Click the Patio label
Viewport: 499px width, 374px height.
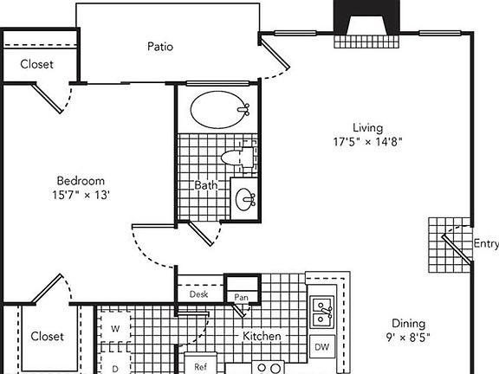pyautogui.click(x=160, y=46)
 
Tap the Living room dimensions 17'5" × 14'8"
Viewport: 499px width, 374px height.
pyautogui.click(x=367, y=141)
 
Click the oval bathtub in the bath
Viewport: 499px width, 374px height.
pyautogui.click(x=217, y=110)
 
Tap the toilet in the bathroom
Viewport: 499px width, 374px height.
pyautogui.click(x=235, y=157)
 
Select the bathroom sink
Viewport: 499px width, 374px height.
pyautogui.click(x=245, y=199)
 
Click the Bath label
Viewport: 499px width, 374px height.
pyautogui.click(x=205, y=185)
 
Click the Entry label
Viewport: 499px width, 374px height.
pyautogui.click(x=485, y=243)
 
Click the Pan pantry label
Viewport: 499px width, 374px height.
pyautogui.click(x=242, y=297)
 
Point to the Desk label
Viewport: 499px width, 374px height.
pyautogui.click(x=198, y=294)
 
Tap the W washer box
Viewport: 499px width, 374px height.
pyautogui.click(x=114, y=329)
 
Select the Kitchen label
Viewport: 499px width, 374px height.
pyautogui.click(x=259, y=336)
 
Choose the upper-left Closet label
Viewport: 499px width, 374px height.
pyautogui.click(x=36, y=64)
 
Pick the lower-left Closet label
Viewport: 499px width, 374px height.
pyautogui.click(x=47, y=336)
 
